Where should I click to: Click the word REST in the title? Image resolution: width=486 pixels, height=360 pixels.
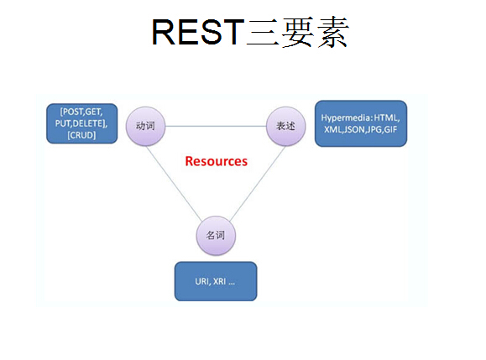197,32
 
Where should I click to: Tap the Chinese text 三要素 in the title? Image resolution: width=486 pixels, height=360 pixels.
296,32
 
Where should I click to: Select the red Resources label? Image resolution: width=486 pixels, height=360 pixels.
216,161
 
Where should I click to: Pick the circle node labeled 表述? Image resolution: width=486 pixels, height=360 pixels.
284,126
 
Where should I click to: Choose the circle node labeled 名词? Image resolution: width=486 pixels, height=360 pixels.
215,234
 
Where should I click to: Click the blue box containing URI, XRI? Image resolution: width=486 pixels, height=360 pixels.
215,281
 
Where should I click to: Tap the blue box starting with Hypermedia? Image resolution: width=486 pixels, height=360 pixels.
361,123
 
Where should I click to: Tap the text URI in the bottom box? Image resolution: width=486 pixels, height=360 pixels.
199,282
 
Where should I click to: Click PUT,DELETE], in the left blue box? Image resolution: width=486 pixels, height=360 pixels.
82,123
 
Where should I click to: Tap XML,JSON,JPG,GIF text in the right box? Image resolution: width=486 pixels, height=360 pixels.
361,130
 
